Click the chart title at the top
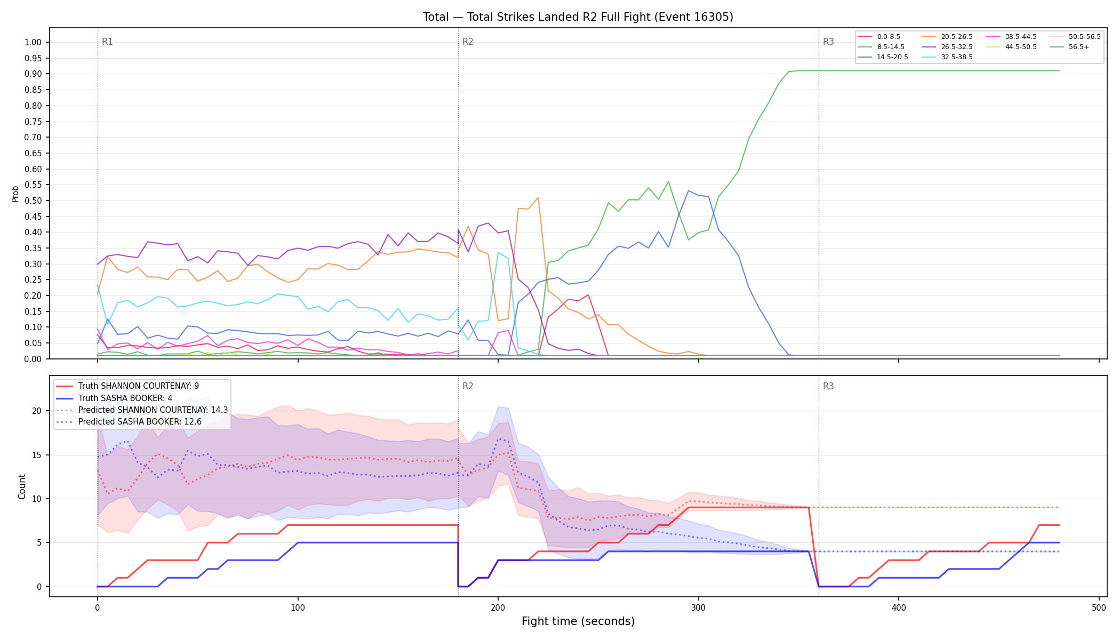pos(578,17)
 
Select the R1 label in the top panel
pos(107,42)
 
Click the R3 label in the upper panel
pos(828,42)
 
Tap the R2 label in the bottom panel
pos(468,386)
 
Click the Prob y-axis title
pos(15,194)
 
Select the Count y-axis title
pos(22,486)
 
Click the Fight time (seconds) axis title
pos(578,621)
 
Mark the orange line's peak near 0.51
pos(538,198)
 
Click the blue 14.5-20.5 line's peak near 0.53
pos(689,191)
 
